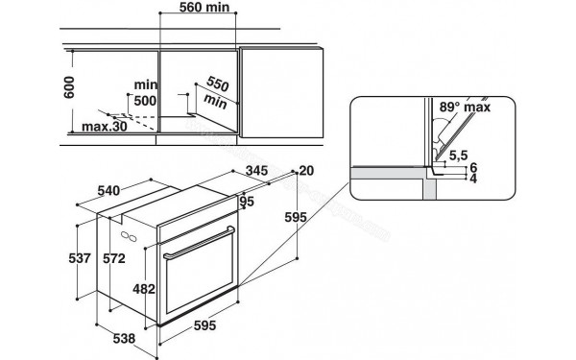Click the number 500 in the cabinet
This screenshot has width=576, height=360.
pos(145,100)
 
